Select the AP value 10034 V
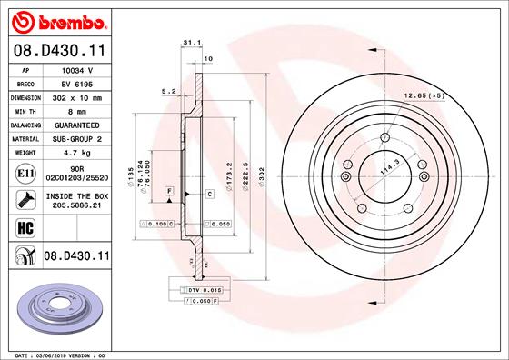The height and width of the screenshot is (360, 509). point(77,68)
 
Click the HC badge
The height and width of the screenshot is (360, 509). point(25,226)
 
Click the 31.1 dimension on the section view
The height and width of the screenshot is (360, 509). point(191,42)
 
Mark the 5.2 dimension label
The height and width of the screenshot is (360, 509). point(167,91)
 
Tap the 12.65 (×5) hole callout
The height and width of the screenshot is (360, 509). point(424,95)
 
